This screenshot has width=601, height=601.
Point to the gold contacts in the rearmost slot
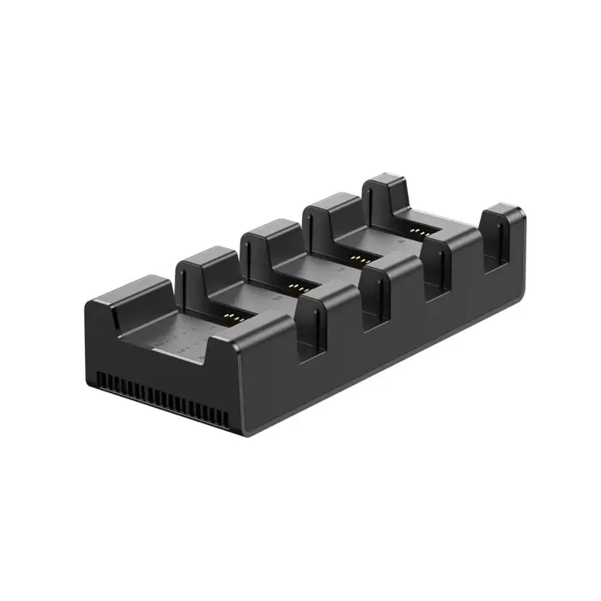pyautogui.click(x=418, y=232)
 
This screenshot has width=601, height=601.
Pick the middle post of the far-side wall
pyautogui.click(x=268, y=234)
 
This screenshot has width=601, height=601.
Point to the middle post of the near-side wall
pyautogui.click(x=391, y=275)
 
